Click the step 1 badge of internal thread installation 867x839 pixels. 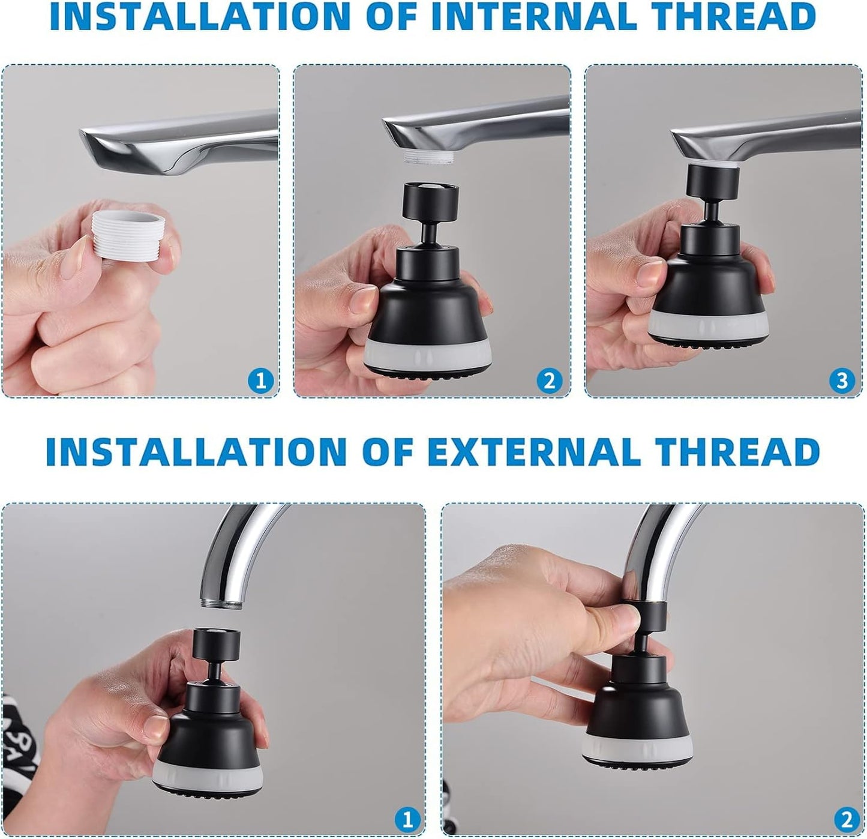click(x=260, y=380)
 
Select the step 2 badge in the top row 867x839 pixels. click(x=550, y=380)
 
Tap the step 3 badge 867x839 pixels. click(x=842, y=380)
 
